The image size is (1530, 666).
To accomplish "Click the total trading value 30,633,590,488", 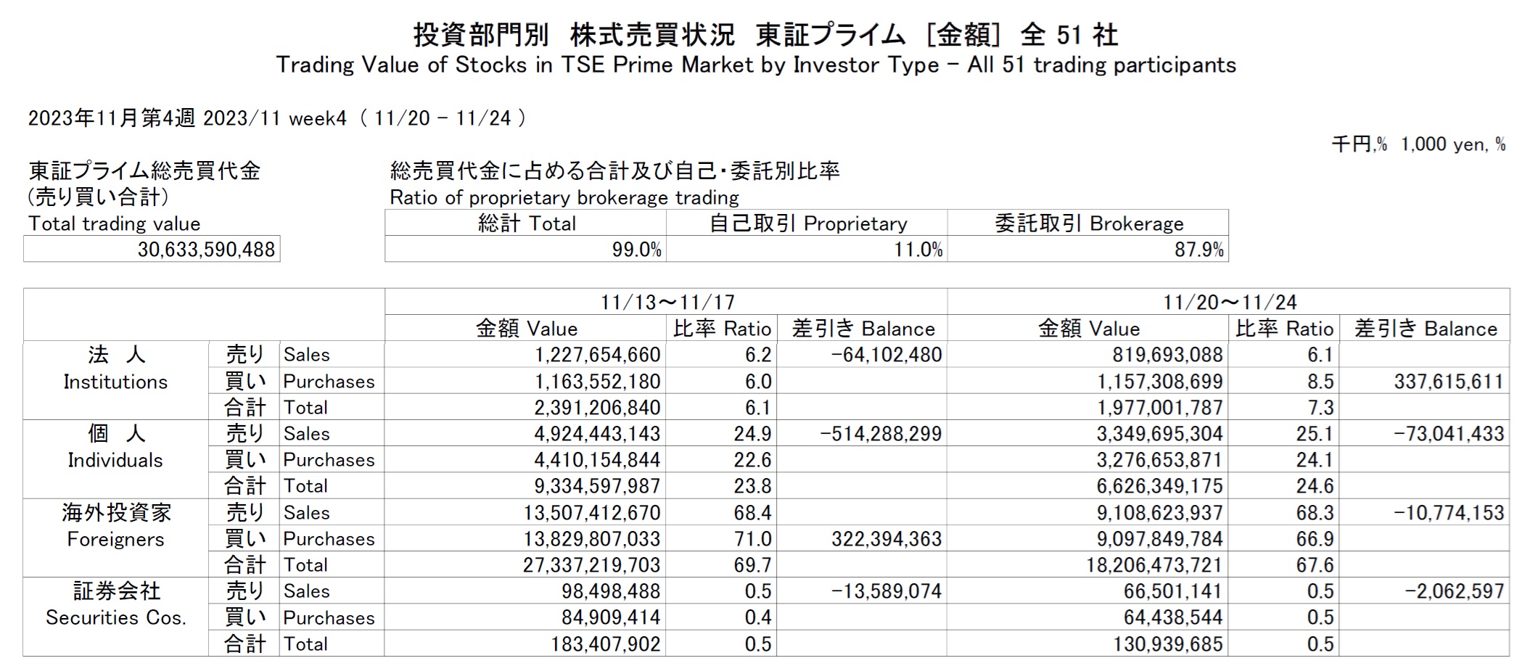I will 206,250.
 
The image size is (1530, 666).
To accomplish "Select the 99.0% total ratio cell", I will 636,250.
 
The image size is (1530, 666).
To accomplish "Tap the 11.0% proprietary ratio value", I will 918,250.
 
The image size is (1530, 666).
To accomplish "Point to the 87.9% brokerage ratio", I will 1198,250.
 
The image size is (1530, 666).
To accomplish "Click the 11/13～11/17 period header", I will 667,302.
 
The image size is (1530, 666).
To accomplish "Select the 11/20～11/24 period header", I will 1230,302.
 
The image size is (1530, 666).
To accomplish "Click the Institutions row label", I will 115,381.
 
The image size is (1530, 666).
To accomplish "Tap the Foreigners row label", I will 115,539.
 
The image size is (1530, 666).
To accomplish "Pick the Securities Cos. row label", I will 115,617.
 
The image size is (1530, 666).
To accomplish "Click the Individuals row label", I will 115,460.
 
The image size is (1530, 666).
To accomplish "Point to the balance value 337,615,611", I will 1448,382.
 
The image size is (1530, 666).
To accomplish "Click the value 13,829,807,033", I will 592,539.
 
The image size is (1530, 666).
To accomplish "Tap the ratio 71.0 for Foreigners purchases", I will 752,539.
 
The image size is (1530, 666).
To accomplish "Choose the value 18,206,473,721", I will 1153,565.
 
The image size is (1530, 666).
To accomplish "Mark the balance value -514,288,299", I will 880,434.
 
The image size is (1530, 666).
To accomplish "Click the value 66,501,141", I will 1172,591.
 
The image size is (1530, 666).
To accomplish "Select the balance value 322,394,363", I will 886,539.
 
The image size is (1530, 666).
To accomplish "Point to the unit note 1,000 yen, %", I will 1453,144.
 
